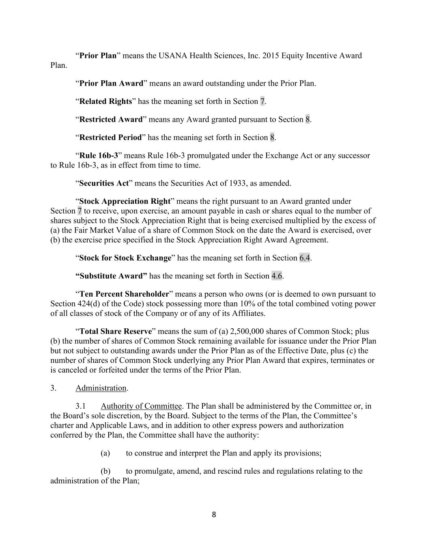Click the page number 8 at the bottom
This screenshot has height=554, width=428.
[x=214, y=515]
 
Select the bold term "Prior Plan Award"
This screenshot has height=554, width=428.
[x=111, y=84]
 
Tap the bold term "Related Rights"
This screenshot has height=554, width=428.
[x=105, y=101]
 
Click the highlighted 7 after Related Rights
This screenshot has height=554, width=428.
[x=262, y=101]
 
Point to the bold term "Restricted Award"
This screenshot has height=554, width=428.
[x=111, y=120]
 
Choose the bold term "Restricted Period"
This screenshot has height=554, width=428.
[x=110, y=138]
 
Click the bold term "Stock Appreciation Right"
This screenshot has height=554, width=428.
[x=125, y=201]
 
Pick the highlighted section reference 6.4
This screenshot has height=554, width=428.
[x=305, y=258]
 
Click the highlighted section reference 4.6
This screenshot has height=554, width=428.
[x=277, y=276]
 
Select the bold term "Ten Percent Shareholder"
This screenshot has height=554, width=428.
[x=124, y=294]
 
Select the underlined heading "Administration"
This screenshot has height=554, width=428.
[x=101, y=388]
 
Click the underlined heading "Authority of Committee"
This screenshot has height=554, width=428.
[x=141, y=406]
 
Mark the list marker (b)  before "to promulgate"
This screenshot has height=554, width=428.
[x=105, y=471]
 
